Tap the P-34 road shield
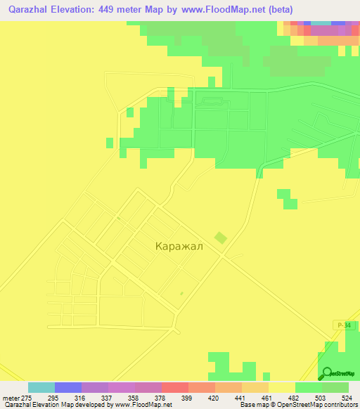(342, 325)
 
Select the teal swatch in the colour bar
(41, 387)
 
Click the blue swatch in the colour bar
(68, 387)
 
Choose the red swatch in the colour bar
(175, 387)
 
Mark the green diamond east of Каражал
(221, 238)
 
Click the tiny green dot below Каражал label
(181, 293)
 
